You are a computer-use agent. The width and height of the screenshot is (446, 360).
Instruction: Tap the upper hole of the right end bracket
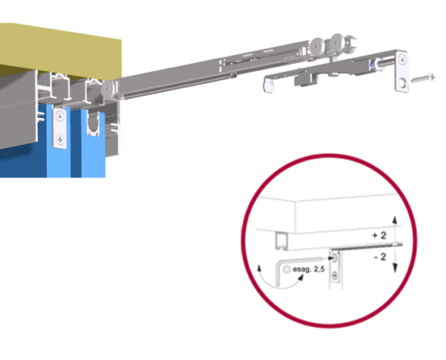tap(403, 59)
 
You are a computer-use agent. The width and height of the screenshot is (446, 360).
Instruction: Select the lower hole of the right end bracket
tap(403, 83)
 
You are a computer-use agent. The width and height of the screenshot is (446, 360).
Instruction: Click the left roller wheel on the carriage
tap(316, 46)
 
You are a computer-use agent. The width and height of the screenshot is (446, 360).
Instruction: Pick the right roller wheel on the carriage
tap(337, 42)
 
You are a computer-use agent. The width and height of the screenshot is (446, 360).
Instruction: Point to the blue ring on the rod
tap(372, 65)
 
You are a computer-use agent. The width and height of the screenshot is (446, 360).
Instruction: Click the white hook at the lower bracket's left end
tap(269, 85)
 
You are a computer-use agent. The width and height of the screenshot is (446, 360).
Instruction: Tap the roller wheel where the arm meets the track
tap(107, 88)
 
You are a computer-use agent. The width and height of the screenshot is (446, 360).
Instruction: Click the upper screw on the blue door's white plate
tap(60, 116)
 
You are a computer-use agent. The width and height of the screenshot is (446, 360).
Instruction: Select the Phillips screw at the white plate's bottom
tap(60, 139)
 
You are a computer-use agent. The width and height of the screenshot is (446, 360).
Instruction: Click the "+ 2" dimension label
tap(379, 236)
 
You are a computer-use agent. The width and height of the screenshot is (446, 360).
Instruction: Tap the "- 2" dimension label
tap(380, 256)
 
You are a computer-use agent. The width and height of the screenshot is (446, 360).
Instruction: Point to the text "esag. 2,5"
tap(308, 269)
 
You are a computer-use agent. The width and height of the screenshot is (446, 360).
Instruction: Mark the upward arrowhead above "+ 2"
tap(395, 220)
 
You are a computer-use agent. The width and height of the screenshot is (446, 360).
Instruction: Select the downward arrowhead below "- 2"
tap(395, 268)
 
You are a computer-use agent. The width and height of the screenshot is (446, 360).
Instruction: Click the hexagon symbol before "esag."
tap(287, 269)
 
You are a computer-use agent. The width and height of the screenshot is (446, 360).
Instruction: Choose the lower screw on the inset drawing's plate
tap(333, 275)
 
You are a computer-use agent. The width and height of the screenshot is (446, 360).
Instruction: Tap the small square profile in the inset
tap(282, 241)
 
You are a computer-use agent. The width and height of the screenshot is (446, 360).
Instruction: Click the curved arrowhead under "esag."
tap(300, 277)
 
